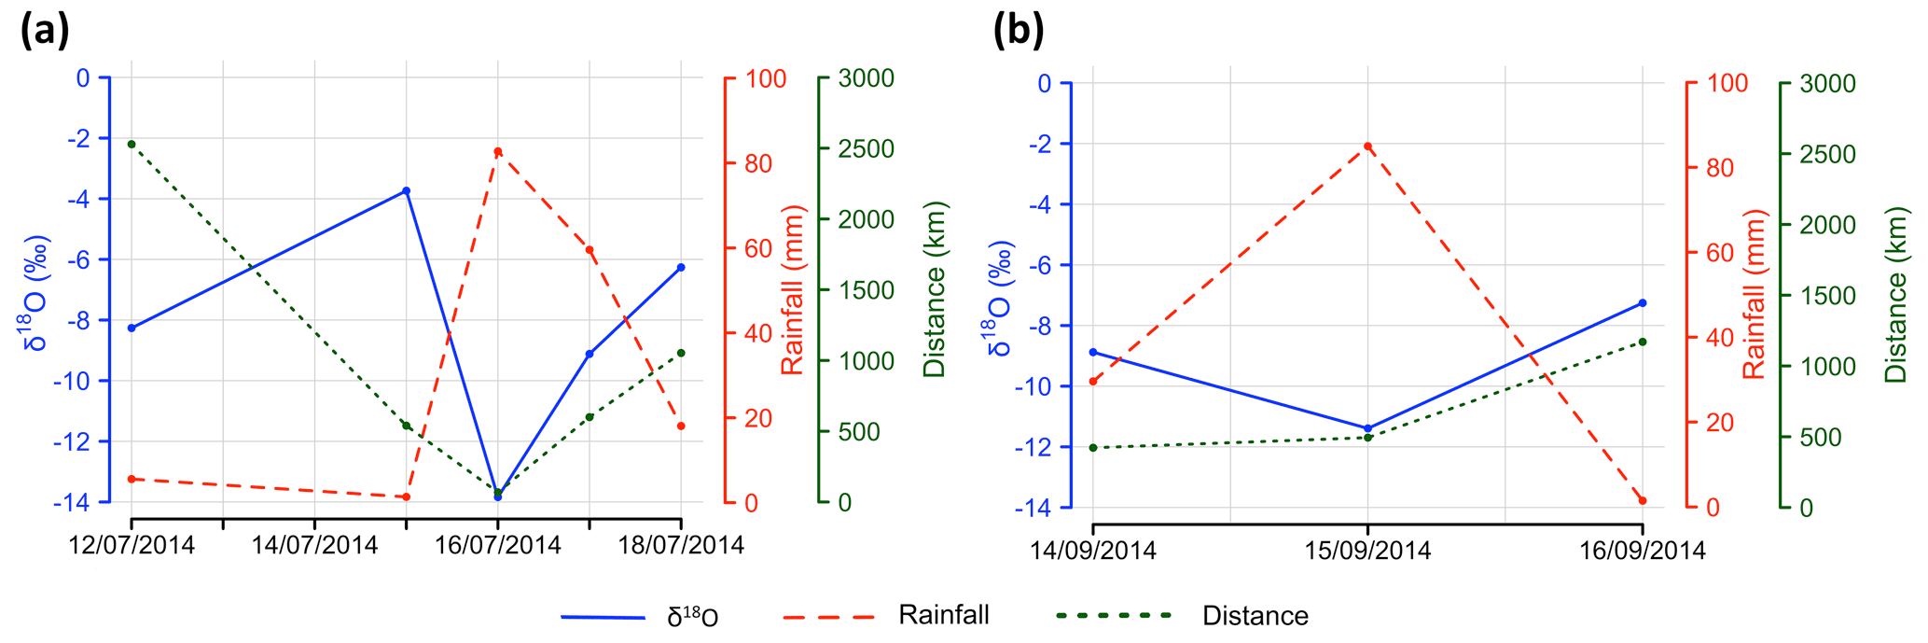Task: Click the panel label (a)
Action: coord(45,31)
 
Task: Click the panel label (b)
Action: coord(1018,31)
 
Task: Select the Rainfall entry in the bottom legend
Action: coord(943,615)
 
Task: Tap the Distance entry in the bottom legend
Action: coord(1255,616)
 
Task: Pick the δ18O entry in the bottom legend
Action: coord(692,617)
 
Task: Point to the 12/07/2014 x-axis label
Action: coord(132,545)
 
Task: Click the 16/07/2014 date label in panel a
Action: coord(498,545)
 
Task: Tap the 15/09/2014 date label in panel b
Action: coord(1367,551)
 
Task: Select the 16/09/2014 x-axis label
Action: coord(1642,551)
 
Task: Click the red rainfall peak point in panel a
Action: coord(498,151)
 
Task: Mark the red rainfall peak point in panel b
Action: coord(1367,147)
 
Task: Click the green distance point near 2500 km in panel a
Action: coord(132,144)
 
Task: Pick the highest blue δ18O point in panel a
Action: coord(406,190)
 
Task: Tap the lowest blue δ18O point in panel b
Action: coord(1367,428)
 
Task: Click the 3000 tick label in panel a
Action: coord(866,78)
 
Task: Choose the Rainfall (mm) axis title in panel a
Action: coord(793,289)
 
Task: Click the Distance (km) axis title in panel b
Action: coord(1896,295)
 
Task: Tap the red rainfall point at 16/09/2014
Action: coord(1642,501)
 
